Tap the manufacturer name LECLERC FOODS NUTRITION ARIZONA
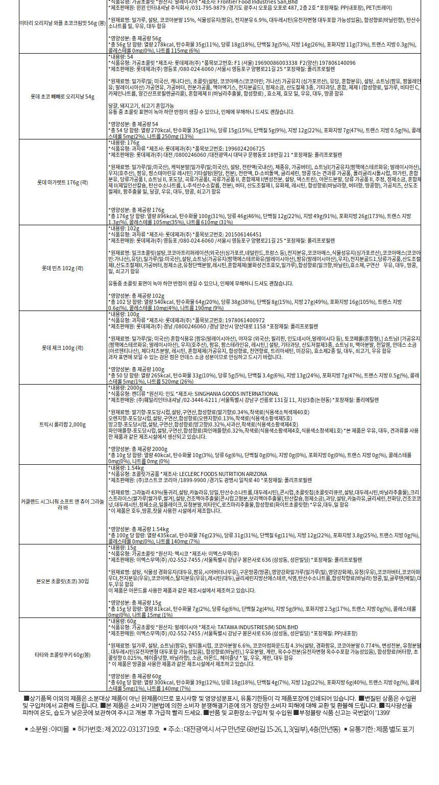click(x=223, y=474)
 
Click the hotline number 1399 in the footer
click(x=382, y=712)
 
